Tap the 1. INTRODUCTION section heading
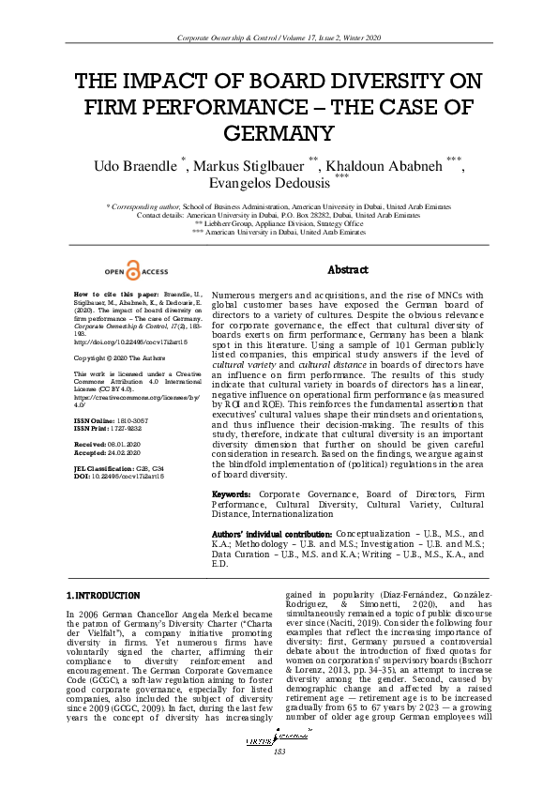point(103,595)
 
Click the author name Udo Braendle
point(136,166)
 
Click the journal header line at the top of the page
point(279,38)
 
